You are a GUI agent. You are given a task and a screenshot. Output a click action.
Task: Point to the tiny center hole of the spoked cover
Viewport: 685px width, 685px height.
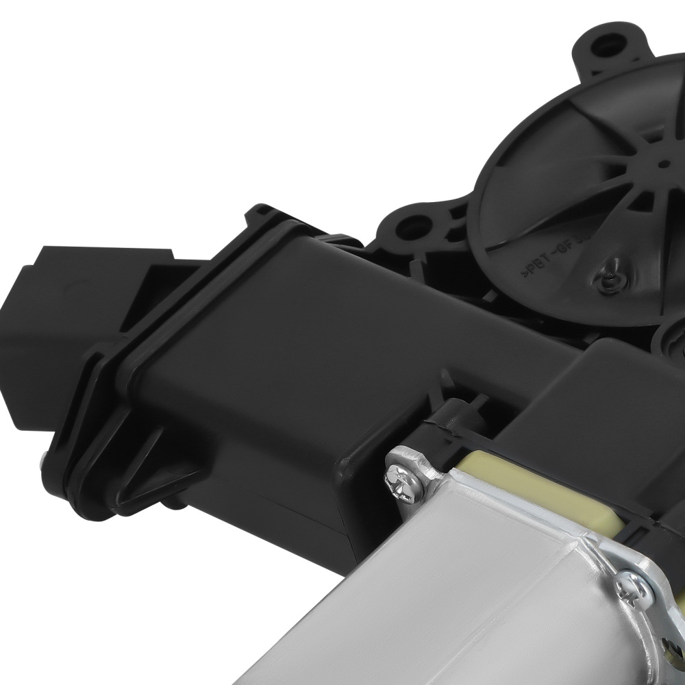pos(663,163)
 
